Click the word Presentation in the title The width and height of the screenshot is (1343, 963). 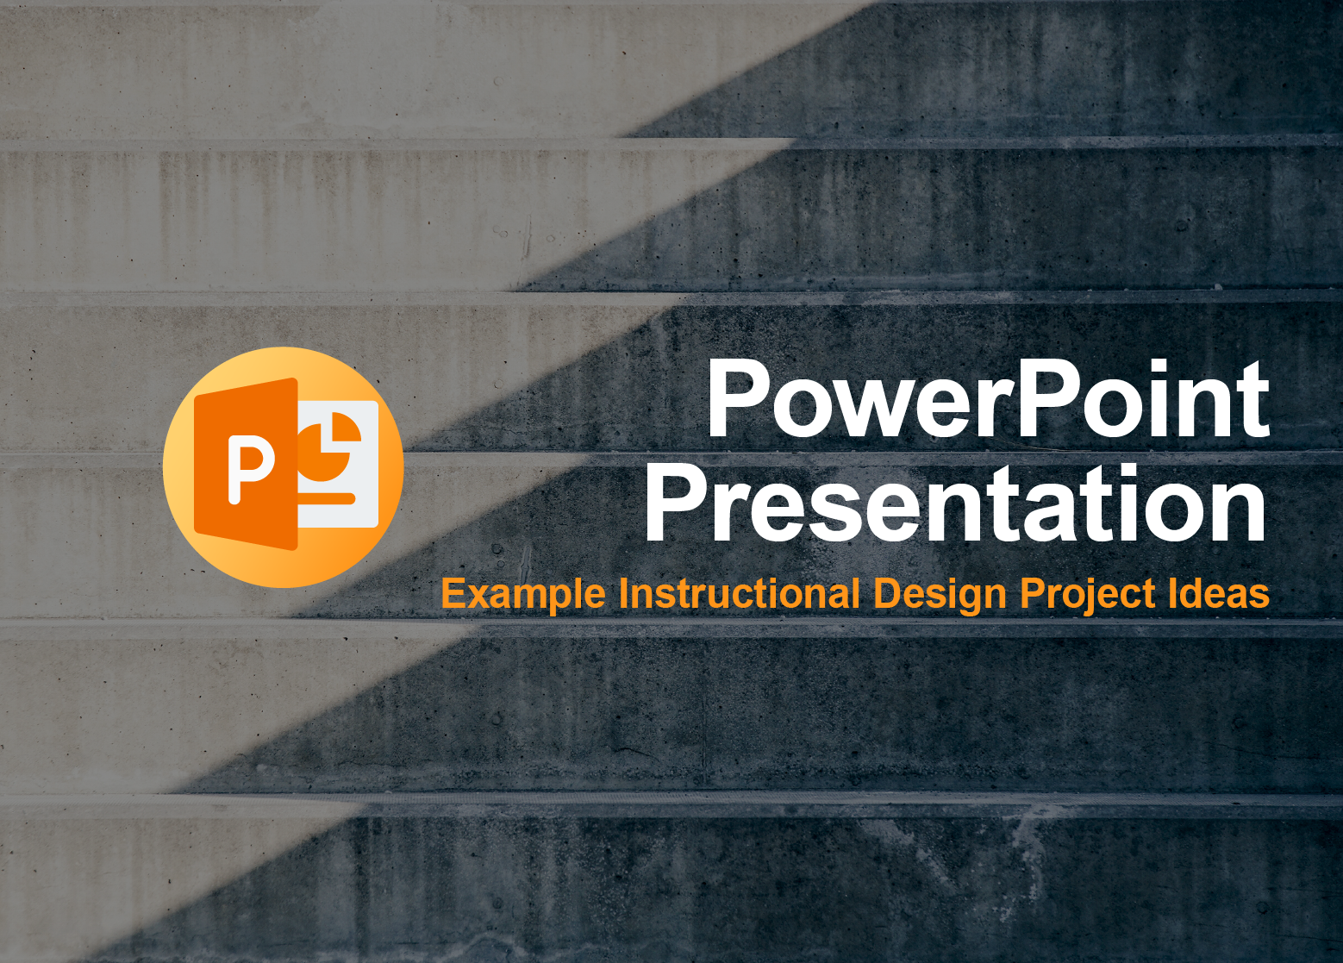click(x=955, y=504)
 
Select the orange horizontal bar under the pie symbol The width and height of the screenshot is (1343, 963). click(x=328, y=498)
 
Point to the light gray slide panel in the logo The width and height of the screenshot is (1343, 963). click(x=366, y=509)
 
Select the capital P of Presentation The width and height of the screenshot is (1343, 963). click(x=676, y=504)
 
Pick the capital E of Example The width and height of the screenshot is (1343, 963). click(x=453, y=594)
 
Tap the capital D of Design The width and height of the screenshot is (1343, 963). click(x=887, y=594)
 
